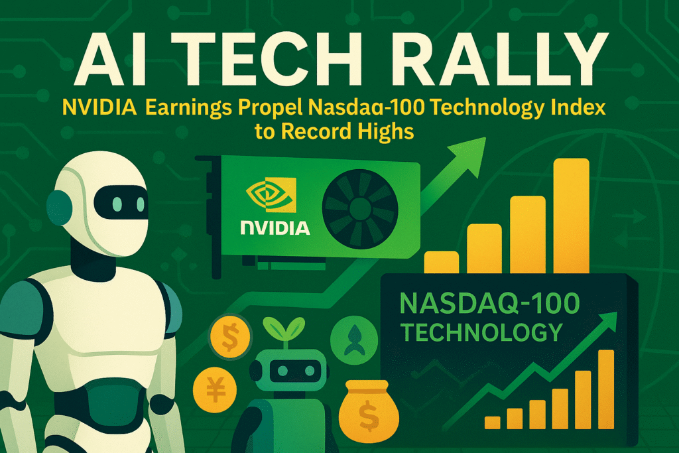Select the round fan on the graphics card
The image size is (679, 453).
coord(359,207)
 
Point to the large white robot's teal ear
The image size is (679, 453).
coord(58,208)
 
